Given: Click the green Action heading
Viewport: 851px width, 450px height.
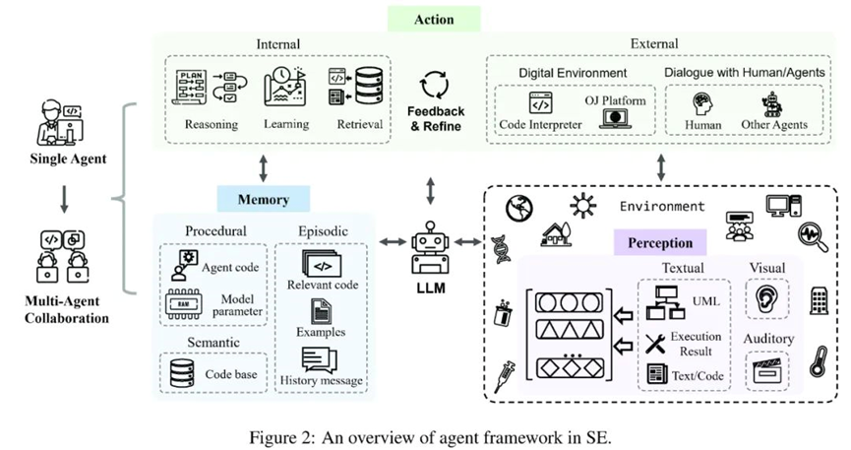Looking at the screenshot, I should click(x=434, y=19).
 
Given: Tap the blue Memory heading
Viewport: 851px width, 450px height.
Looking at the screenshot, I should click(x=264, y=200).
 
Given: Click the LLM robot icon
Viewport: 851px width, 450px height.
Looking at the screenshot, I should click(x=429, y=245).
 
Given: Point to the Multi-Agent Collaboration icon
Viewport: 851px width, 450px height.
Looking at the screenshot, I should click(x=62, y=252).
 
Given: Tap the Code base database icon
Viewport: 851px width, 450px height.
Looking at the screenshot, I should click(x=183, y=373).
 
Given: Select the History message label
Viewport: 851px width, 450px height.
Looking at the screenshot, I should click(x=321, y=380).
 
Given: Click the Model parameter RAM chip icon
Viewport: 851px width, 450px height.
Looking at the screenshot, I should click(x=184, y=307).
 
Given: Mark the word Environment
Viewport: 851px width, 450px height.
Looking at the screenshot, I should click(x=661, y=207).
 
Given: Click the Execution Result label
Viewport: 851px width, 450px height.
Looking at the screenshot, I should click(x=696, y=344).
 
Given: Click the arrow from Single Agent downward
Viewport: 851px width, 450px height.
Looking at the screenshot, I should click(x=63, y=199).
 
